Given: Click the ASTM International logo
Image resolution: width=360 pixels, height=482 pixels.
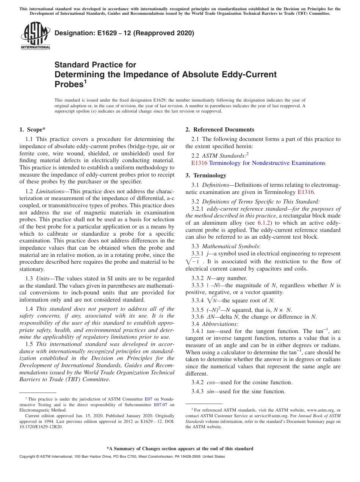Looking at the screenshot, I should pos(35,36).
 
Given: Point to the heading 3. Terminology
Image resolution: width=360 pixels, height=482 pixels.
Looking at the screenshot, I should pos(206,175).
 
